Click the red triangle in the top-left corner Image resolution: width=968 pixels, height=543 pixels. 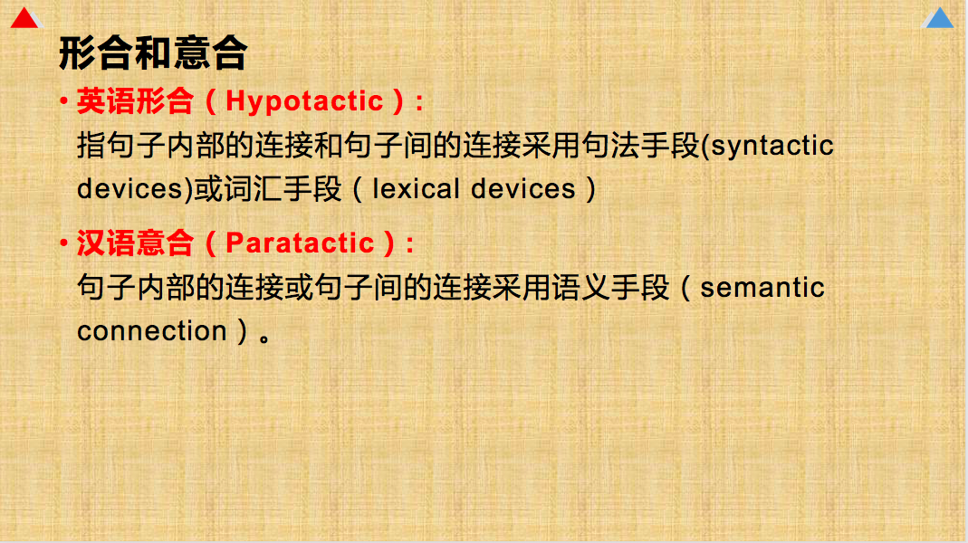pyautogui.click(x=24, y=18)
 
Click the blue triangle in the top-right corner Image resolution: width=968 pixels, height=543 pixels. pyautogui.click(x=939, y=18)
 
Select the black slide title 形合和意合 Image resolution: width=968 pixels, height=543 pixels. pyautogui.click(x=153, y=53)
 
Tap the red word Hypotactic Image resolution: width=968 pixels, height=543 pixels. pyautogui.click(x=304, y=101)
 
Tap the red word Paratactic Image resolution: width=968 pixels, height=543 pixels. pyautogui.click(x=300, y=243)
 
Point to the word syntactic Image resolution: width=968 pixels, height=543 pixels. pyautogui.click(x=772, y=147)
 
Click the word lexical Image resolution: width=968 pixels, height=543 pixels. pyautogui.click(x=417, y=189)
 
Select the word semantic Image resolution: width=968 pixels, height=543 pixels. pyautogui.click(x=762, y=288)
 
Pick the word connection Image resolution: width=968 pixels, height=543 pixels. pyautogui.click(x=152, y=330)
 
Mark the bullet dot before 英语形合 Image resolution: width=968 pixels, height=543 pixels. pyautogui.click(x=63, y=100)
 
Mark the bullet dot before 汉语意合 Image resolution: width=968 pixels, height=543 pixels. pyautogui.click(x=63, y=243)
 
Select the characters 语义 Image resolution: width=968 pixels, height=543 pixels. pyautogui.click(x=581, y=288)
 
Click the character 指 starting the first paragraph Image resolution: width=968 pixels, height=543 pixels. pyautogui.click(x=91, y=146)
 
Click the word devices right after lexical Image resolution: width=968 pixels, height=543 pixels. pyautogui.click(x=522, y=189)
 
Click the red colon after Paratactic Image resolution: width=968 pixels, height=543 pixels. pyautogui.click(x=410, y=244)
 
